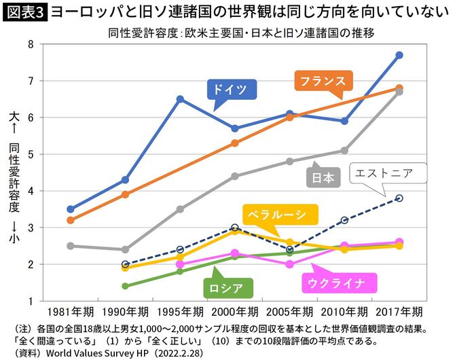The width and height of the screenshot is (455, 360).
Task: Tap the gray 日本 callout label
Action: click(x=323, y=178)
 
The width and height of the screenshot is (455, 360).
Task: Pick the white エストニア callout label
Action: click(x=384, y=173)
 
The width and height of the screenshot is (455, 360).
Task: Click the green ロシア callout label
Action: click(x=227, y=287)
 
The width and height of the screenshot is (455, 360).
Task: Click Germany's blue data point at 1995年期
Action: click(x=180, y=99)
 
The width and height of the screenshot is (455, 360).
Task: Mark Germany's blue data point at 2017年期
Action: click(x=399, y=55)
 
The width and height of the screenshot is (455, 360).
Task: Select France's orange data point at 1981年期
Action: click(x=71, y=220)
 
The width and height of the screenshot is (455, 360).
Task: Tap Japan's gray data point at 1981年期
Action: click(x=71, y=246)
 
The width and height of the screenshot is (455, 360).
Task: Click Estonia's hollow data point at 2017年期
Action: click(x=399, y=198)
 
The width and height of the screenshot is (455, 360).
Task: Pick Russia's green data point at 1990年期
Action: click(x=126, y=286)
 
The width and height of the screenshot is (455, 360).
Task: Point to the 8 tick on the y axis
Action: click(x=31, y=44)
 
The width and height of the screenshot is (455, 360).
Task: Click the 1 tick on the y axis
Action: click(x=31, y=301)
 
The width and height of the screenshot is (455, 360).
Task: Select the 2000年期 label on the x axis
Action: click(x=234, y=312)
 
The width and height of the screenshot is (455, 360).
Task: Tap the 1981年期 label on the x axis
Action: click(x=70, y=312)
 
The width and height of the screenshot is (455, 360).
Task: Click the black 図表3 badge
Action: click(x=24, y=12)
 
